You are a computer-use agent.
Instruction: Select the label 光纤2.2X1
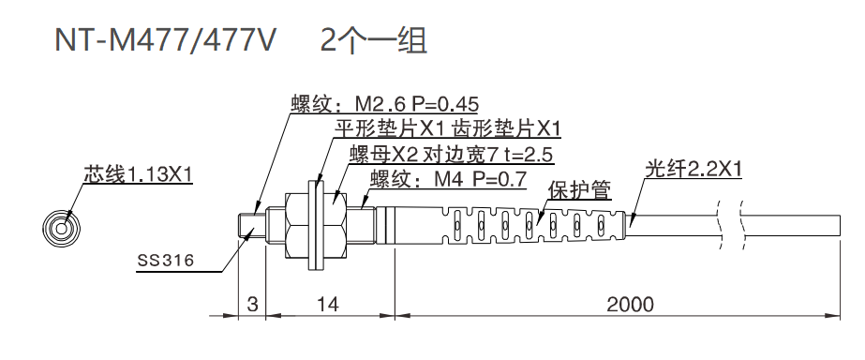click(694, 170)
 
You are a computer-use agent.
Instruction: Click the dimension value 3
click(252, 305)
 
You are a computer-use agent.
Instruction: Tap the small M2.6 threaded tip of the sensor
click(248, 225)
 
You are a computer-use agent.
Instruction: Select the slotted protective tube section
click(534, 225)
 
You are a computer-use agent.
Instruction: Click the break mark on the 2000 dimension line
click(730, 314)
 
